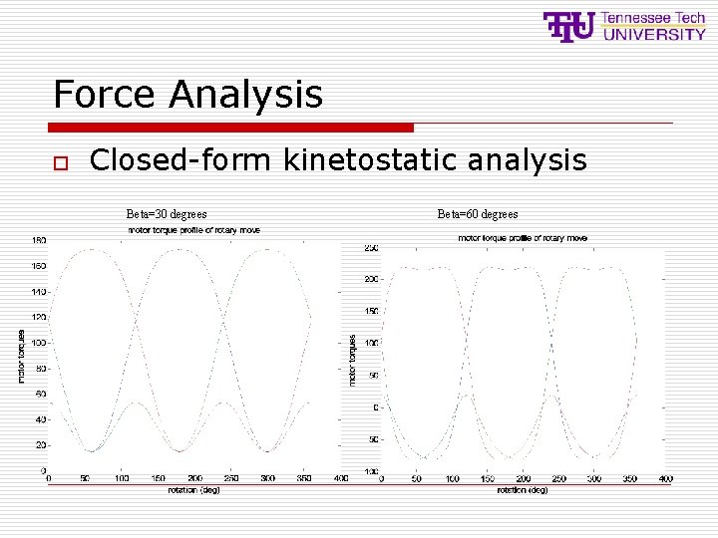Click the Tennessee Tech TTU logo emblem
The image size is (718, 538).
pyautogui.click(x=569, y=26)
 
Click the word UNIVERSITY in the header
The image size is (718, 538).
pyautogui.click(x=654, y=34)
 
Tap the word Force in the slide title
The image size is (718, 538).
pyautogui.click(x=106, y=95)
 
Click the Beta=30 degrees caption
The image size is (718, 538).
pyautogui.click(x=167, y=213)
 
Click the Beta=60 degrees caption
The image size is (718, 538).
pyautogui.click(x=478, y=213)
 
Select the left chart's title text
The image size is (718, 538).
pyautogui.click(x=194, y=230)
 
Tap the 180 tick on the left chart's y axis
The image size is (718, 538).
pyautogui.click(x=38, y=240)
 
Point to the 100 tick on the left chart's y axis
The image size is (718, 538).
pyautogui.click(x=38, y=343)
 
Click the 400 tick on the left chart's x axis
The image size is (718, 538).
pyautogui.click(x=340, y=479)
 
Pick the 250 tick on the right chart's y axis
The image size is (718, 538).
pyautogui.click(x=371, y=248)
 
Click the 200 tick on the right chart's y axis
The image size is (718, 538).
pyautogui.click(x=371, y=280)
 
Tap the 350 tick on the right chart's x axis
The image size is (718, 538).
pyautogui.click(x=630, y=479)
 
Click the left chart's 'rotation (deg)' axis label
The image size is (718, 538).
pyautogui.click(x=194, y=489)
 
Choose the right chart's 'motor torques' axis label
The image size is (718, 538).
pyautogui.click(x=352, y=360)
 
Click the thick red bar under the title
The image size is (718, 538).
pyautogui.click(x=230, y=128)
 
